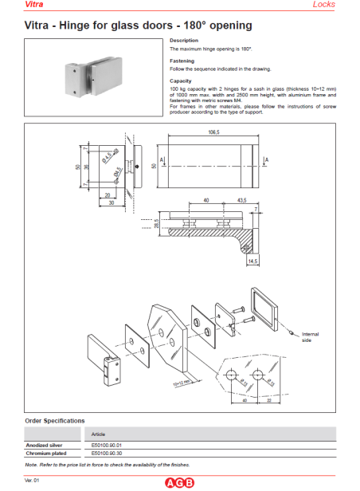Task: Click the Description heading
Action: click(183, 41)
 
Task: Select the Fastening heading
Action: click(182, 61)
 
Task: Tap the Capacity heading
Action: click(181, 81)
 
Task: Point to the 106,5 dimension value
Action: click(213, 132)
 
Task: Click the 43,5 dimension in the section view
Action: click(240, 200)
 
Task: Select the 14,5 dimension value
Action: click(253, 261)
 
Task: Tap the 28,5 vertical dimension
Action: click(157, 226)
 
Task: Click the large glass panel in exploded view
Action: click(170, 332)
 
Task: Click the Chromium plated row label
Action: click(45, 452)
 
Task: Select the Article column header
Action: click(100, 434)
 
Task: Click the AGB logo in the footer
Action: click(179, 481)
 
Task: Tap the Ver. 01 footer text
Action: click(32, 481)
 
